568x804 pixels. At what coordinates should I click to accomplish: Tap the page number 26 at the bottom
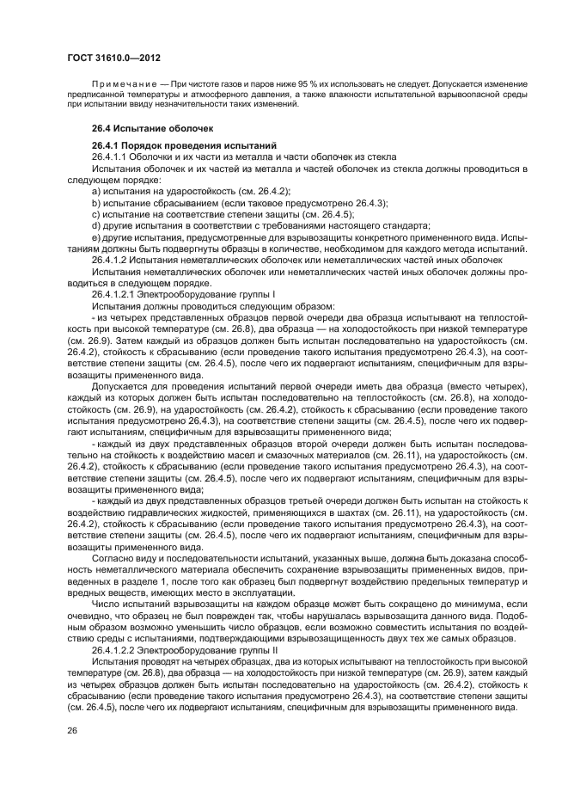pyautogui.click(x=73, y=730)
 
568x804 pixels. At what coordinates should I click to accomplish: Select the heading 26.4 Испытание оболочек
pyautogui.click(x=141, y=128)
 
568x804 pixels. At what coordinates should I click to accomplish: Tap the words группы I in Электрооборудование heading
pyautogui.click(x=243, y=294)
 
